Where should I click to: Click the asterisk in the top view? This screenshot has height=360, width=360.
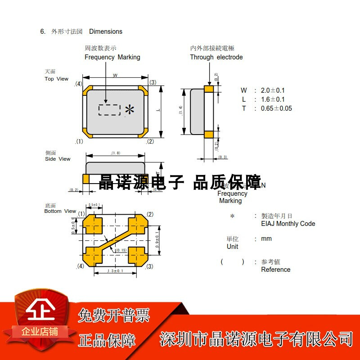click(130, 110)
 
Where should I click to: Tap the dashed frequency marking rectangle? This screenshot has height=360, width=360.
click(109, 110)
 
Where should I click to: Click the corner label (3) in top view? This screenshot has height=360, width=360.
click(153, 82)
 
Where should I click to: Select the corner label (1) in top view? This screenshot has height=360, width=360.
click(79, 141)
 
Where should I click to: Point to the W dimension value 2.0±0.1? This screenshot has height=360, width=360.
click(273, 90)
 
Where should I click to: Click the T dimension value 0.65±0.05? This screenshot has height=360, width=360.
click(276, 108)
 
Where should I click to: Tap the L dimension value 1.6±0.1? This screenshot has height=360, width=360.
click(273, 99)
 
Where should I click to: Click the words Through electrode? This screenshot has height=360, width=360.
click(216, 57)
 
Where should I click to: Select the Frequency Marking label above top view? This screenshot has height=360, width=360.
click(112, 57)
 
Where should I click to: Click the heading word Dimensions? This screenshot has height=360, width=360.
click(106, 31)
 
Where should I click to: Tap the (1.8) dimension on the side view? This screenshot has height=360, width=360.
click(115, 153)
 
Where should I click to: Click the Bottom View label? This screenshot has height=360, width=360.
click(60, 211)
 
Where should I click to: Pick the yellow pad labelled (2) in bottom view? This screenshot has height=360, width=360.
click(138, 225)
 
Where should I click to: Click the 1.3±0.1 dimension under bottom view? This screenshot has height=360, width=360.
click(115, 271)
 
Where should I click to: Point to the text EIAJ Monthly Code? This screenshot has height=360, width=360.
click(288, 224)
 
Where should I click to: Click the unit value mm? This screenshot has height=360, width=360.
click(266, 238)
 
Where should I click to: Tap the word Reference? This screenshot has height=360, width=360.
click(275, 270)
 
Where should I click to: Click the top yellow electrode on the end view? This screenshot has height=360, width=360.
click(208, 89)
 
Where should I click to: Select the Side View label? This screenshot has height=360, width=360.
click(58, 159)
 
